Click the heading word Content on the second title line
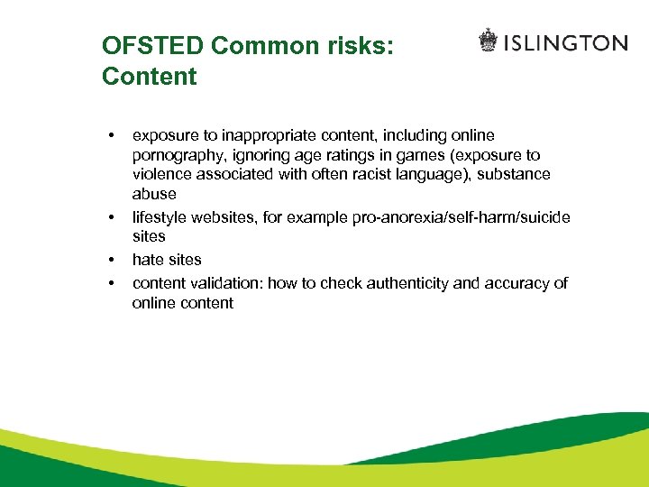149,77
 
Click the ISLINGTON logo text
566,42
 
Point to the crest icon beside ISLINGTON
488,41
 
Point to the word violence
161,174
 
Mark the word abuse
154,194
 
